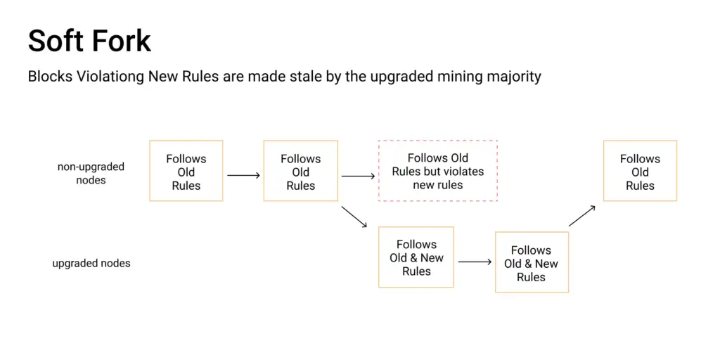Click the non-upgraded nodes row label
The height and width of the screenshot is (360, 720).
(x=91, y=173)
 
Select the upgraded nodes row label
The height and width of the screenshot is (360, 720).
(x=91, y=264)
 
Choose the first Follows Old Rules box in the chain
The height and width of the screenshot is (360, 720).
(x=186, y=141)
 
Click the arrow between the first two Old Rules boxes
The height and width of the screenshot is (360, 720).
(x=243, y=175)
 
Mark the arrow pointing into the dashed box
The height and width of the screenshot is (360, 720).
(x=358, y=175)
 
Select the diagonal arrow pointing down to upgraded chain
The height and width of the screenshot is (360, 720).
(x=354, y=217)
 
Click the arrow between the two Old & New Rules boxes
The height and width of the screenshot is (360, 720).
(x=475, y=262)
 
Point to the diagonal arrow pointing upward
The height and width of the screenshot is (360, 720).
(x=582, y=215)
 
